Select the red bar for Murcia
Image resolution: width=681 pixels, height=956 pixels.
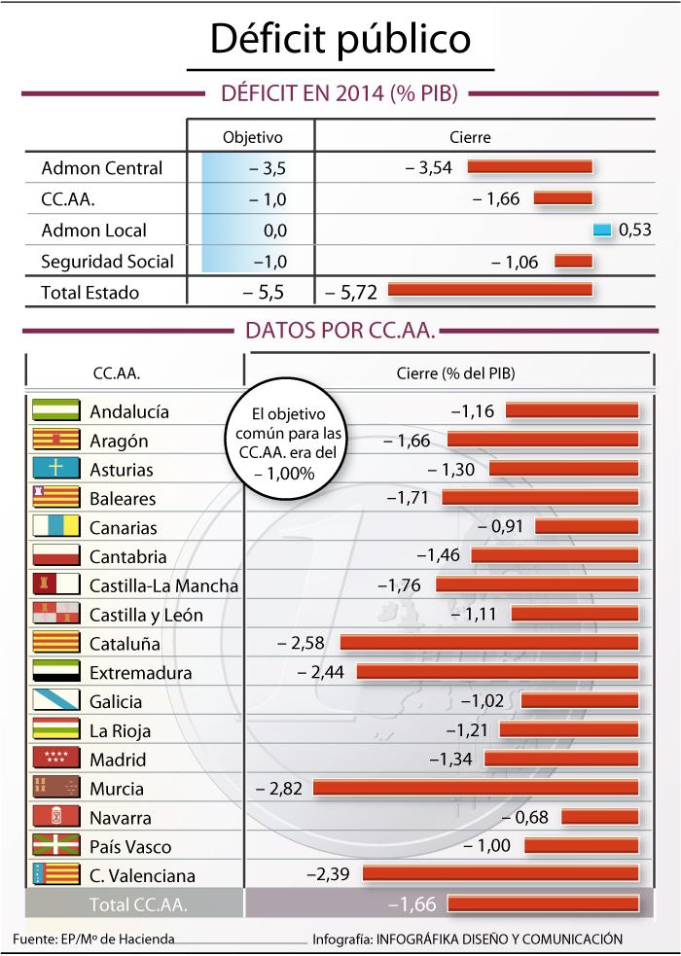(x=476, y=789)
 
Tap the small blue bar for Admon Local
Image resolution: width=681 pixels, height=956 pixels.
(x=601, y=230)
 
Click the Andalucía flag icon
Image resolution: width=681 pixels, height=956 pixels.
(x=54, y=410)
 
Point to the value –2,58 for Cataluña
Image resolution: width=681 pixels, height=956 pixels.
(x=301, y=643)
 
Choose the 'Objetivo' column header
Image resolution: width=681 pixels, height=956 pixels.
(x=252, y=138)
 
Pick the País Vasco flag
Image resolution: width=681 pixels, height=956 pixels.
(x=54, y=846)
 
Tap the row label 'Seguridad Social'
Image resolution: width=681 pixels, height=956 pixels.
(x=107, y=262)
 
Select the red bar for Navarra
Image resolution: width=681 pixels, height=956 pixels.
(x=600, y=818)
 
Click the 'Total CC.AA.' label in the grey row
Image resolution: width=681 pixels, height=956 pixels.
(x=138, y=904)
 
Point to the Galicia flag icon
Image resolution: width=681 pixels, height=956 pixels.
(x=54, y=701)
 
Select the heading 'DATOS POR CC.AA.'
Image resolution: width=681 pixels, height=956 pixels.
(x=340, y=331)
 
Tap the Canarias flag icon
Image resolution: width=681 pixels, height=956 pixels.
(x=54, y=527)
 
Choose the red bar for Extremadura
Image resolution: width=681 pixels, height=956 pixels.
(x=497, y=672)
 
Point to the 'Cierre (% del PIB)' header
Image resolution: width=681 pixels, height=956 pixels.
(x=455, y=373)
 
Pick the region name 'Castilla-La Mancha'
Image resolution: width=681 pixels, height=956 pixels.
(x=163, y=585)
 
